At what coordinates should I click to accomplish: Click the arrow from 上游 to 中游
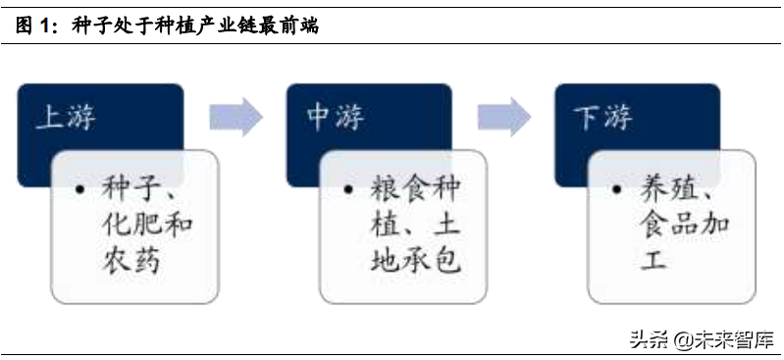(235, 117)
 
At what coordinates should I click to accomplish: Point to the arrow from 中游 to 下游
(504, 117)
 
